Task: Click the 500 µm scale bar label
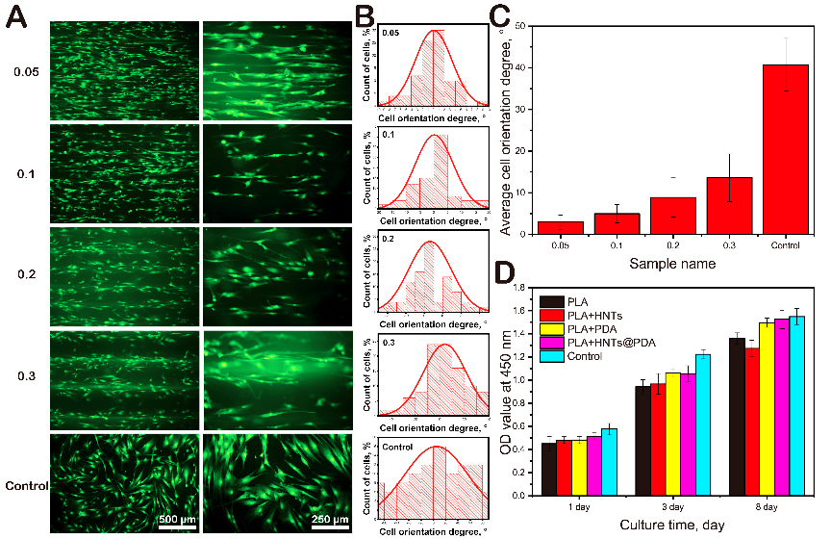[x=177, y=521]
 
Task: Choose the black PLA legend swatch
[x=552, y=301]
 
